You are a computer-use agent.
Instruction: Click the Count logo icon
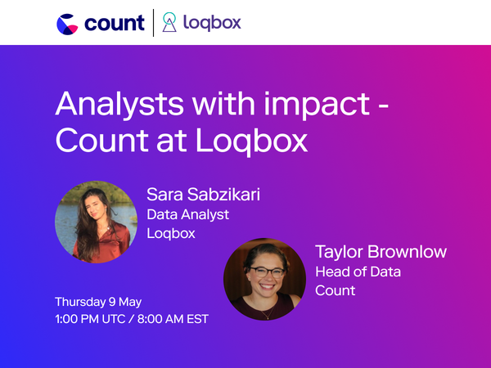click(69, 23)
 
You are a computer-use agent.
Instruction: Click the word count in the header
click(114, 23)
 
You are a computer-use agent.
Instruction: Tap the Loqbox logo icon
click(169, 23)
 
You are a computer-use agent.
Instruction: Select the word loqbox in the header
click(210, 23)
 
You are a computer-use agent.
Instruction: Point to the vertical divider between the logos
click(154, 23)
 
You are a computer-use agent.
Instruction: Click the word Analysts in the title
click(112, 105)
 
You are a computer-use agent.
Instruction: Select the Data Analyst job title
click(187, 214)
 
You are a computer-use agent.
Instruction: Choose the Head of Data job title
click(358, 272)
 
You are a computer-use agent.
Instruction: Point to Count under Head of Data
click(336, 290)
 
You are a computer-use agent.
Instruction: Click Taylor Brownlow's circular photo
click(264, 279)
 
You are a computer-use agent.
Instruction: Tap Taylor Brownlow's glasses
click(264, 272)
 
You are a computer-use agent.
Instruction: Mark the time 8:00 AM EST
click(177, 318)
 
